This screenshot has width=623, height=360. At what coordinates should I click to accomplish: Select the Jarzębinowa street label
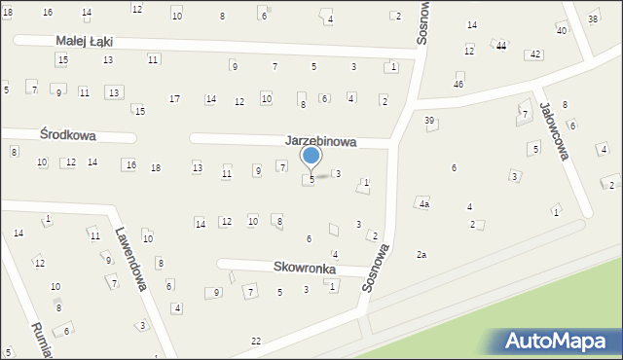click(x=320, y=141)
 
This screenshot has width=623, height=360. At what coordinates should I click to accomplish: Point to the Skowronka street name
click(x=305, y=269)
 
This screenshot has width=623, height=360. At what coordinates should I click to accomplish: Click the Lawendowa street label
click(x=129, y=261)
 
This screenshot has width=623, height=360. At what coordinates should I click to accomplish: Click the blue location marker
click(x=311, y=156)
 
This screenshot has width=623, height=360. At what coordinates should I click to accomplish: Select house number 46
click(x=458, y=85)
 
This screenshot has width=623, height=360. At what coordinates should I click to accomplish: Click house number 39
click(x=429, y=120)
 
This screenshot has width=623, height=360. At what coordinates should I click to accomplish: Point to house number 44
click(x=500, y=46)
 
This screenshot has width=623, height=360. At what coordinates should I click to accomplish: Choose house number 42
click(x=533, y=54)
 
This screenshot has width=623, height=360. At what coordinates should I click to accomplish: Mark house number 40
click(x=561, y=31)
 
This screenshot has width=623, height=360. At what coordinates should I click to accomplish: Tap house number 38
click(x=593, y=19)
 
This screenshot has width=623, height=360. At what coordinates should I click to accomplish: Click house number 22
click(x=256, y=341)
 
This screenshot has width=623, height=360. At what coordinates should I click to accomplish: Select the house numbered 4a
click(x=423, y=204)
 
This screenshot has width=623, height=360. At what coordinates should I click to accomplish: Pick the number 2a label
click(x=421, y=254)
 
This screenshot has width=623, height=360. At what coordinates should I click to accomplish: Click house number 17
click(x=174, y=99)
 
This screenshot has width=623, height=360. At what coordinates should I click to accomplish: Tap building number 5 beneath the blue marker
click(x=311, y=179)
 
